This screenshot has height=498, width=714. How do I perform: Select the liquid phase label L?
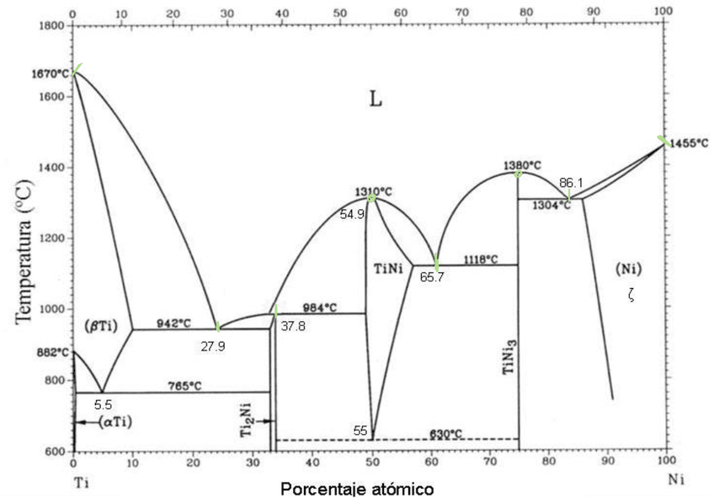point(376,99)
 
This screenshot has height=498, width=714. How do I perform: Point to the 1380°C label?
point(522,165)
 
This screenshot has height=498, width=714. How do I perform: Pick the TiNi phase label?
point(391,268)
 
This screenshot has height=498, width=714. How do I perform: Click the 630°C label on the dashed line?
point(446,433)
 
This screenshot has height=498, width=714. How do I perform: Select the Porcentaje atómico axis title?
point(358,488)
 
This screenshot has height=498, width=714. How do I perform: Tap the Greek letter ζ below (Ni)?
point(631,297)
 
